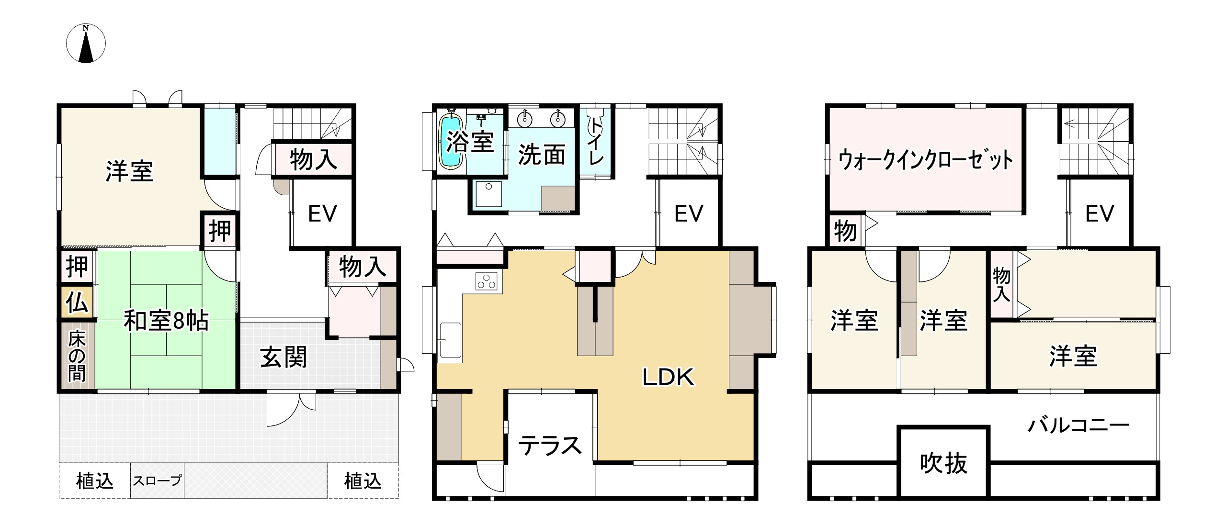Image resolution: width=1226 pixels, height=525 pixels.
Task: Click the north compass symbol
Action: tap(86, 44)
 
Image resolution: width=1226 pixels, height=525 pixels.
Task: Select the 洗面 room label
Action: tap(542, 155)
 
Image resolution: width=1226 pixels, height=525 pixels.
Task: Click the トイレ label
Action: tap(596, 142)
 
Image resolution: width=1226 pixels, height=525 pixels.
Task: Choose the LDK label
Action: tap(668, 378)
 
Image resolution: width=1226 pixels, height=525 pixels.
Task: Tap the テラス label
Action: tap(550, 446)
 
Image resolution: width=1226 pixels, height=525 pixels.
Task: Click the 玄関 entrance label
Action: tap(284, 357)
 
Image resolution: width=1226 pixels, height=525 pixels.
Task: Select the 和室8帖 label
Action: tap(166, 321)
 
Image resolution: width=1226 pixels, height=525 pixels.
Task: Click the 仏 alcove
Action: tap(77, 302)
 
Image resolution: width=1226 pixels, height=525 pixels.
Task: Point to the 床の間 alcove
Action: tap(77, 357)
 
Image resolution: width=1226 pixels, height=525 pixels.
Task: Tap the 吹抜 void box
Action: tap(943, 463)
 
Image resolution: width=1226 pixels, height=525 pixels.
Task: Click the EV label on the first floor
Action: tap(322, 213)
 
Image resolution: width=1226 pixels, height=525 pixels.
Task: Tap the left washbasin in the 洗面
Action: tap(525, 118)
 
